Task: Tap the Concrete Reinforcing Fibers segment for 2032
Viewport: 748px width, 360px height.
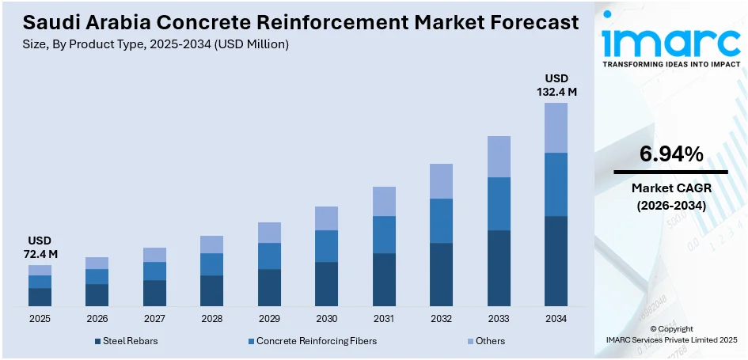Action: [x=441, y=220]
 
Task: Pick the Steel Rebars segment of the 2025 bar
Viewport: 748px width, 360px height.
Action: [x=40, y=297]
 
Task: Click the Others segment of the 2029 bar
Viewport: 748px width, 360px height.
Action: [x=269, y=232]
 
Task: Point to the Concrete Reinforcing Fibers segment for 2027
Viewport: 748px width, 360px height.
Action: [x=154, y=271]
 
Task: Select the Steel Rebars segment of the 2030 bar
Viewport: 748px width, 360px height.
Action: [x=326, y=283]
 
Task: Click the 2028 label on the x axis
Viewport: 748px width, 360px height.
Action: [x=211, y=319]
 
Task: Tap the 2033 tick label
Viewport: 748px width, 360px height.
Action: [x=499, y=319]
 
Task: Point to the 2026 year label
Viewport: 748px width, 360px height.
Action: [x=97, y=319]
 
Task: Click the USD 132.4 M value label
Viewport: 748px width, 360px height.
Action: [x=556, y=85]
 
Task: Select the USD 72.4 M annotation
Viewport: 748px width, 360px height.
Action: [x=40, y=247]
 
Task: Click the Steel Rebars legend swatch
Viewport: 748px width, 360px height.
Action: [x=97, y=341]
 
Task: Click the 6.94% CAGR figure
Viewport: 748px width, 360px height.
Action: [x=670, y=155]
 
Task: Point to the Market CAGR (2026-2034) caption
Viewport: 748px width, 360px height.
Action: [x=670, y=196]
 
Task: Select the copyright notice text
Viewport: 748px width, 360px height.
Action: [x=670, y=334]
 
